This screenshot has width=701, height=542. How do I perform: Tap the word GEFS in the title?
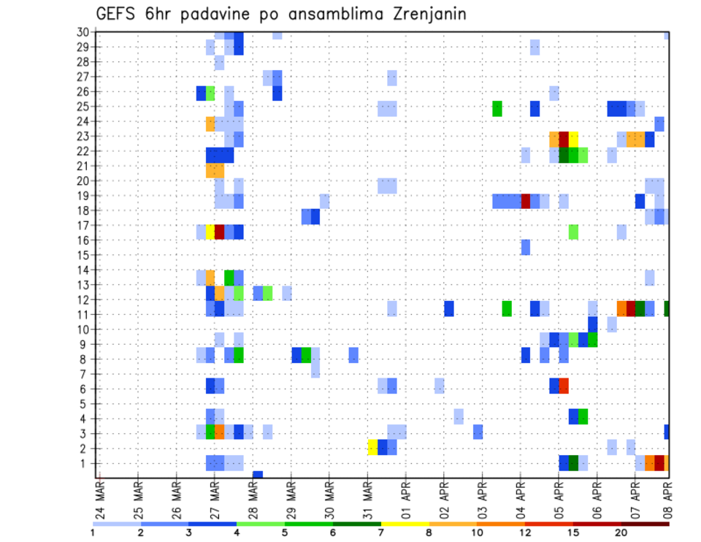(x=116, y=15)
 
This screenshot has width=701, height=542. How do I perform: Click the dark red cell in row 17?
(x=219, y=232)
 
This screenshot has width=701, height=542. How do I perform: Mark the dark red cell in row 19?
(x=525, y=201)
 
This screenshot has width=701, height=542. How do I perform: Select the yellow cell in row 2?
(x=372, y=447)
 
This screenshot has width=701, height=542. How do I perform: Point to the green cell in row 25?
(x=497, y=108)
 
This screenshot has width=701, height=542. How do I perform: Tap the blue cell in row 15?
(x=525, y=248)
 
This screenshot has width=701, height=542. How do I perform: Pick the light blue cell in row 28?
(x=219, y=63)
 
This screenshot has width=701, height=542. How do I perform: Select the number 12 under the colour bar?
(x=525, y=533)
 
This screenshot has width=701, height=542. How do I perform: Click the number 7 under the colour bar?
(x=382, y=533)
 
